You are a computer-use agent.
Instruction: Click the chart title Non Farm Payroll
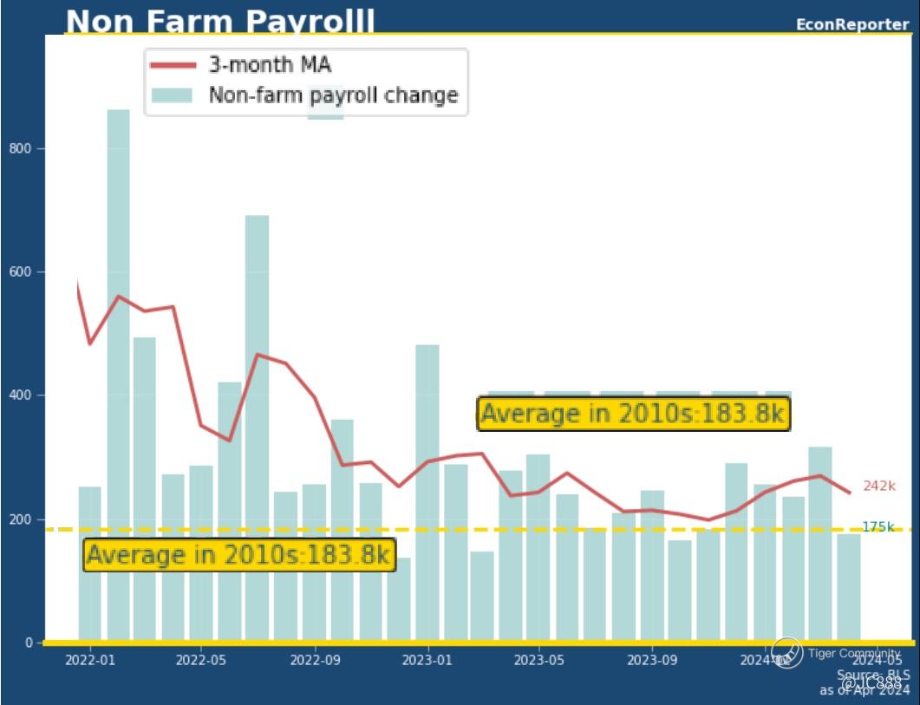pos(220,21)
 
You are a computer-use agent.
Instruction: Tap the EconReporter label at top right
pos(852,24)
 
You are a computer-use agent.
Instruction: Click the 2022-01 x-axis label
pos(88,660)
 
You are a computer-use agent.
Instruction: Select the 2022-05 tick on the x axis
pos(201,660)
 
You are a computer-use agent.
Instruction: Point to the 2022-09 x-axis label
pos(314,660)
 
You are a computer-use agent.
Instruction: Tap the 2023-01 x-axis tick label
pos(427,660)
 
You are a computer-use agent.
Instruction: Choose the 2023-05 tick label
pos(539,660)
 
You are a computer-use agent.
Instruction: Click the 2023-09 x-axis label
pos(652,660)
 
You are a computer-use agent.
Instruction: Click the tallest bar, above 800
pos(118,373)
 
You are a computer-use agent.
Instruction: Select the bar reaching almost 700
pos(257,425)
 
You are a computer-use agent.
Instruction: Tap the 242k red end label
pos(878,486)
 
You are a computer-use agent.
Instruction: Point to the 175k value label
pos(878,527)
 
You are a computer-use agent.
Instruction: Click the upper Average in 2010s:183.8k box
pos(635,414)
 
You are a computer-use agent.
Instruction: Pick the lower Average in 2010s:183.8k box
pos(238,554)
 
